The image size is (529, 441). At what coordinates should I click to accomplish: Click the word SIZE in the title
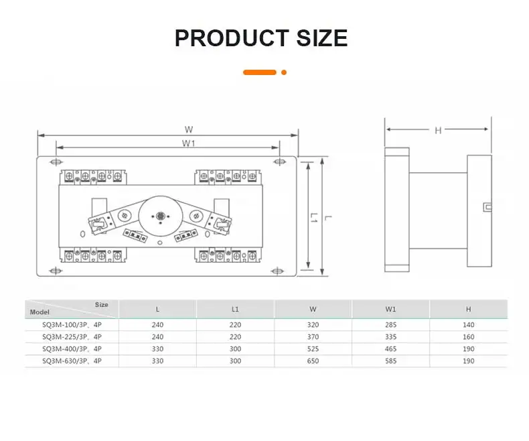[322, 38]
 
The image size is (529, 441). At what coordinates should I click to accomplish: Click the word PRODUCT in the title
[232, 38]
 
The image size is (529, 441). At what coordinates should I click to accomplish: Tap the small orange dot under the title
[284, 72]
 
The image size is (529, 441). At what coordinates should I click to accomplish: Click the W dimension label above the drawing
[189, 129]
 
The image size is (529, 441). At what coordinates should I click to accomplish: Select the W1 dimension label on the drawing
[188, 143]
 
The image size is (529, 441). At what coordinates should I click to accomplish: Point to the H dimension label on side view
[438, 130]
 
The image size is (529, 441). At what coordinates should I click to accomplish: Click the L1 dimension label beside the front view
[314, 217]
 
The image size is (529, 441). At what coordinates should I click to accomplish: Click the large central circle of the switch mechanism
[161, 216]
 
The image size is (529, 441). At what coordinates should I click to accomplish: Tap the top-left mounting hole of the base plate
[56, 162]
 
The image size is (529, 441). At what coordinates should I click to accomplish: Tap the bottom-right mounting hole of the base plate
[277, 271]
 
